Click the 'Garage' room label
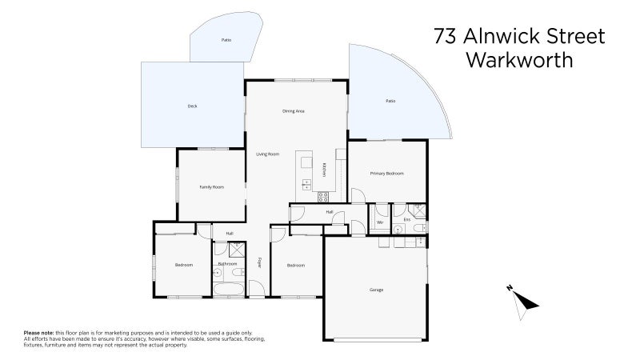tap(376, 290)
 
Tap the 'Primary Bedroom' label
tap(386, 174)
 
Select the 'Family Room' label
tap(211, 187)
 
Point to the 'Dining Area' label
tap(294, 110)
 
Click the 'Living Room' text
tap(267, 154)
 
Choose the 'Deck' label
tap(192, 106)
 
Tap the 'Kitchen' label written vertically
tap(324, 170)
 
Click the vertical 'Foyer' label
tap(260, 262)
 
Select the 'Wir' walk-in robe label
tap(380, 222)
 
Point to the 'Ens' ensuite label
tap(406, 218)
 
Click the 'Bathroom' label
tap(226, 263)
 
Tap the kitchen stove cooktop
tap(324, 196)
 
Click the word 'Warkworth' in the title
tap(518, 60)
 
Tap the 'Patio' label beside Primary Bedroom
tap(390, 101)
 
